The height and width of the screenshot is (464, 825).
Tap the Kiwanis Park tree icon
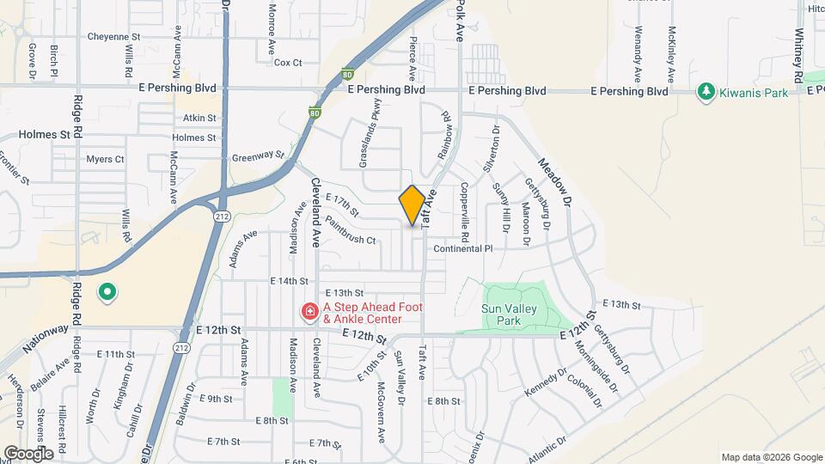(706, 91)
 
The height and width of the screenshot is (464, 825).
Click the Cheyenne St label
(113, 37)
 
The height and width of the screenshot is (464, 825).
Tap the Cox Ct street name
(288, 63)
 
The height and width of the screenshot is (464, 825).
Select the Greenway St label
(257, 157)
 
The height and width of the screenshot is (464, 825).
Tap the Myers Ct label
(106, 159)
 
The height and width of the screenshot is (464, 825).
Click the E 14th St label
(289, 281)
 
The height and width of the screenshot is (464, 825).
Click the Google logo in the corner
(28, 453)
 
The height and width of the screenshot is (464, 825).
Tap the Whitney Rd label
(799, 52)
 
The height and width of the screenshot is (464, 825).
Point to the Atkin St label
(199, 118)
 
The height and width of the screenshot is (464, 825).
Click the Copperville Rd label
(464, 211)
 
